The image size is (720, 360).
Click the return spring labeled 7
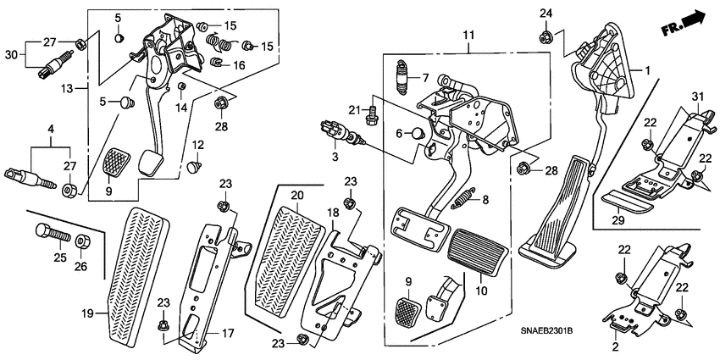tap(402, 80)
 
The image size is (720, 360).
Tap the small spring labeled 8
tap(463, 200)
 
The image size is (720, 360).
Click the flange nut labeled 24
tap(546, 36)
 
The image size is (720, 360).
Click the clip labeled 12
tap(196, 166)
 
